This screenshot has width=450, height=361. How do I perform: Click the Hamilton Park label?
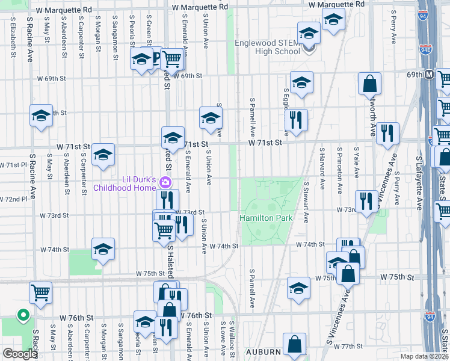pos(266,217)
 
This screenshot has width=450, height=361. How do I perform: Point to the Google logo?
pos(20,354)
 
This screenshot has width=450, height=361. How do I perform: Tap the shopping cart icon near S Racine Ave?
pos(40,292)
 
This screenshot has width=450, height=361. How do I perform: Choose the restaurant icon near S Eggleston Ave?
pos(296,120)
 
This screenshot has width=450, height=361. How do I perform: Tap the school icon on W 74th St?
pos(103,249)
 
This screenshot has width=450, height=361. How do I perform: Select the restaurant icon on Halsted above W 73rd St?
pos(167,200)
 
